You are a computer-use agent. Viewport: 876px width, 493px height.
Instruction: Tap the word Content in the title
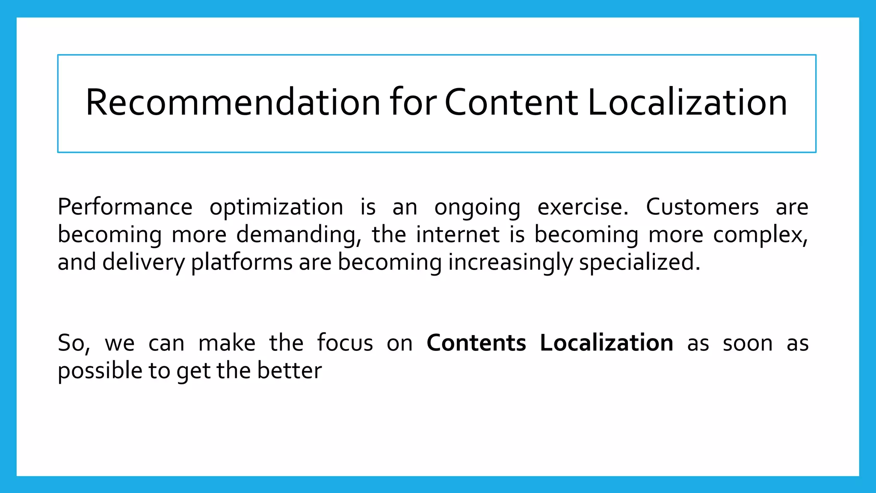[x=511, y=102]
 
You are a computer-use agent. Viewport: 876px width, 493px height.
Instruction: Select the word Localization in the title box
[x=687, y=102]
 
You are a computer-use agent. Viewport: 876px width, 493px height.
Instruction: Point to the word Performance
[x=125, y=207]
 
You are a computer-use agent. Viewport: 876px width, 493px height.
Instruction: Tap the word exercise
[x=583, y=207]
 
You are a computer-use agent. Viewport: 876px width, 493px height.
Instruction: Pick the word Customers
[x=702, y=207]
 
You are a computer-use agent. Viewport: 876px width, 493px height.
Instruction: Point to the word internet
[x=458, y=235]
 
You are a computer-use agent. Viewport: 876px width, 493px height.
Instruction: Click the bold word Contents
[x=476, y=343]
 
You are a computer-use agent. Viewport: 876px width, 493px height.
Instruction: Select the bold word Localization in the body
[x=607, y=343]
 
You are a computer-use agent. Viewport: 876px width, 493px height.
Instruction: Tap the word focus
[x=345, y=343]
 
